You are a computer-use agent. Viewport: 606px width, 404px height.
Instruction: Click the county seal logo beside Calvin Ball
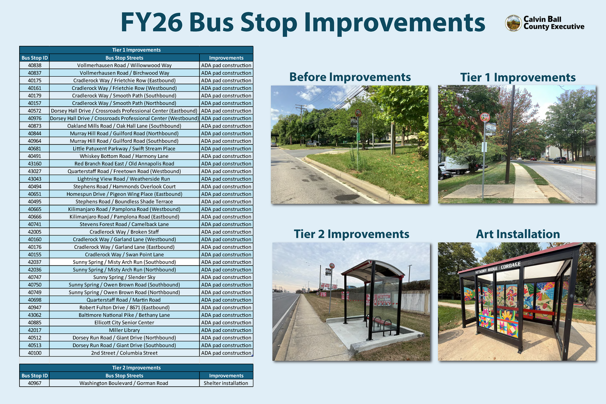513,23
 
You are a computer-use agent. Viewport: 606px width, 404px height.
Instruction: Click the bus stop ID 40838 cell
34,66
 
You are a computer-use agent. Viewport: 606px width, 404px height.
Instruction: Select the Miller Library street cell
124,330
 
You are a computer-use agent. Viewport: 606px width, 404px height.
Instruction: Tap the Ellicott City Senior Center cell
124,323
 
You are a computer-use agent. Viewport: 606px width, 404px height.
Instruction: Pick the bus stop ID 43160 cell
34,164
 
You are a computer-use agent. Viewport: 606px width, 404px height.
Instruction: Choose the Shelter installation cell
226,383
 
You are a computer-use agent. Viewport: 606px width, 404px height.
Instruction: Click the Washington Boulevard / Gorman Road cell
124,383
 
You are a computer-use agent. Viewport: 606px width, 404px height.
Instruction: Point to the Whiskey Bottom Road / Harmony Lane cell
124,156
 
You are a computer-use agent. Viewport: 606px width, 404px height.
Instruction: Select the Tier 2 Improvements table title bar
136,368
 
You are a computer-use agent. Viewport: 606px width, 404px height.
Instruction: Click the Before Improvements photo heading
349,77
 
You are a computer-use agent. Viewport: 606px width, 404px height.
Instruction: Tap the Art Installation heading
518,234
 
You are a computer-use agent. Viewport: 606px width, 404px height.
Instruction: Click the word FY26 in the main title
151,23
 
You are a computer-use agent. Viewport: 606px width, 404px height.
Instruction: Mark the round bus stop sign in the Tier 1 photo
485,117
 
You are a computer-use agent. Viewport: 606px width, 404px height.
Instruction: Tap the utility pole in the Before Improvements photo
301,121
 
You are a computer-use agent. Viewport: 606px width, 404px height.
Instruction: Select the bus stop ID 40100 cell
34,353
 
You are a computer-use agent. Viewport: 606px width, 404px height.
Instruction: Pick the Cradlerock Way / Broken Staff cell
124,232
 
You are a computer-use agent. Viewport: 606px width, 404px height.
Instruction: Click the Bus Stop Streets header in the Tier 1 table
124,58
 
